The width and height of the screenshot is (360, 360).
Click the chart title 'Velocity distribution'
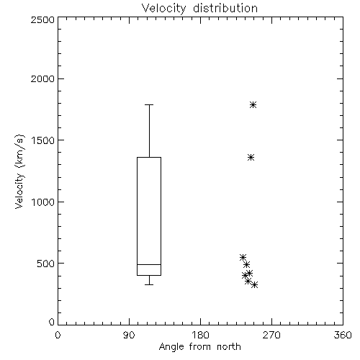[199, 8]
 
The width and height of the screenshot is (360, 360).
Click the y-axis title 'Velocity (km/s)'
[19, 171]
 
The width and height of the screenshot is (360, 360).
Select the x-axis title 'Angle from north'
[199, 347]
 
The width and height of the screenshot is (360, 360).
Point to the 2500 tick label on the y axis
[42, 19]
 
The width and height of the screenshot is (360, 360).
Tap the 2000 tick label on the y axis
[42, 78]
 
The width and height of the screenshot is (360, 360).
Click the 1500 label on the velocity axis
[43, 140]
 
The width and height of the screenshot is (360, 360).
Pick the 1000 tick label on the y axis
[43, 202]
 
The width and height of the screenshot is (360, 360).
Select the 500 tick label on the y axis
[45, 264]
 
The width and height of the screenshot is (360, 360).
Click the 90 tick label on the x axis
[129, 335]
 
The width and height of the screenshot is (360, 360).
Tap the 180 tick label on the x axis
[200, 335]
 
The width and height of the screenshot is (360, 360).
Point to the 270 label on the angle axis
[271, 335]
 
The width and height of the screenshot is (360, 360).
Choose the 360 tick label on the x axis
[343, 335]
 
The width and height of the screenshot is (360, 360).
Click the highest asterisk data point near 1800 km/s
[253, 105]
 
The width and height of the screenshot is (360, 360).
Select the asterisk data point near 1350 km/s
[251, 158]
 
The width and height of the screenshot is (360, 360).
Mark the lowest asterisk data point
[255, 285]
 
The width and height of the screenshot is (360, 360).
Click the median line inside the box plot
[149, 264]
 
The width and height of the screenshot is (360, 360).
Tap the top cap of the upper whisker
[149, 104]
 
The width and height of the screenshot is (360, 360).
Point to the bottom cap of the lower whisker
[149, 284]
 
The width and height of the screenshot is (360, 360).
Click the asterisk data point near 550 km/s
[243, 257]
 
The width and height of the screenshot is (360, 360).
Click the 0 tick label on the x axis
[58, 335]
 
